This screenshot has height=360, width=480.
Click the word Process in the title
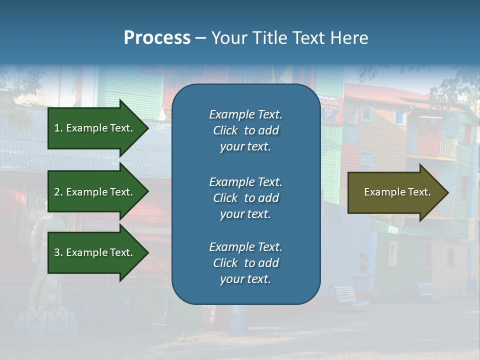pos(157,38)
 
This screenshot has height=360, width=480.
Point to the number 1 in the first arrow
pos(57,128)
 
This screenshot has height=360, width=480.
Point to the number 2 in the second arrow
pos(57,192)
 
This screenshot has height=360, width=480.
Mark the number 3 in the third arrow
pos(57,252)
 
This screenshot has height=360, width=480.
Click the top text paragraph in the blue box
pos(245,130)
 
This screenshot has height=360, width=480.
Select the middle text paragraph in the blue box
pos(245,198)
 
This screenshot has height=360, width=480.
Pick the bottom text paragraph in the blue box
pos(245,263)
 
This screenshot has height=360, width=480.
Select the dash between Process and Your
pos(200,38)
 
